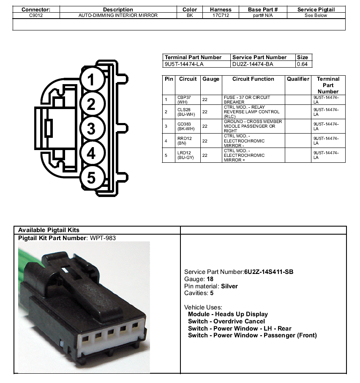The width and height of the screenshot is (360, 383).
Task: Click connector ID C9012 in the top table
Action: (36, 15)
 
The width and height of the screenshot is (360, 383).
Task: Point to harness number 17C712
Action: (221, 15)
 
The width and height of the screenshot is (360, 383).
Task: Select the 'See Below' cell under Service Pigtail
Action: (316, 15)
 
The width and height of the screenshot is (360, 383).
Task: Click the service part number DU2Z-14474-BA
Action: (253, 64)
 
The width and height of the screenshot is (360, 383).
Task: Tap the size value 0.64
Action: (302, 64)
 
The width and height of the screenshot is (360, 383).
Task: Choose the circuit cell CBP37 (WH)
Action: (184, 100)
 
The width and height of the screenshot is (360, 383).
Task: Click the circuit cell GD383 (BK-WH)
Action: (186, 126)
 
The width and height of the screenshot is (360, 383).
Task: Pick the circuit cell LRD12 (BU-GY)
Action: (185, 155)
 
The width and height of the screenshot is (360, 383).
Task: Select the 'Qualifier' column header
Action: (298, 79)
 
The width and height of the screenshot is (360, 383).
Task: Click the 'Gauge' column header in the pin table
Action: (211, 79)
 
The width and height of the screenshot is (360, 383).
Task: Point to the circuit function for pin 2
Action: (252, 112)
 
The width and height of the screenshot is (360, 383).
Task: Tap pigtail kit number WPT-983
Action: (103, 238)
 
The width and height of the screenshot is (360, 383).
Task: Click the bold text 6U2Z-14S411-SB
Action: (269, 272)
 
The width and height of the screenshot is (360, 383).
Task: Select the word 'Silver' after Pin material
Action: (229, 286)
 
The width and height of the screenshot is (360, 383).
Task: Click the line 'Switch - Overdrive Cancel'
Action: (226, 321)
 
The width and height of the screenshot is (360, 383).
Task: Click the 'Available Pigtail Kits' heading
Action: (49, 230)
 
